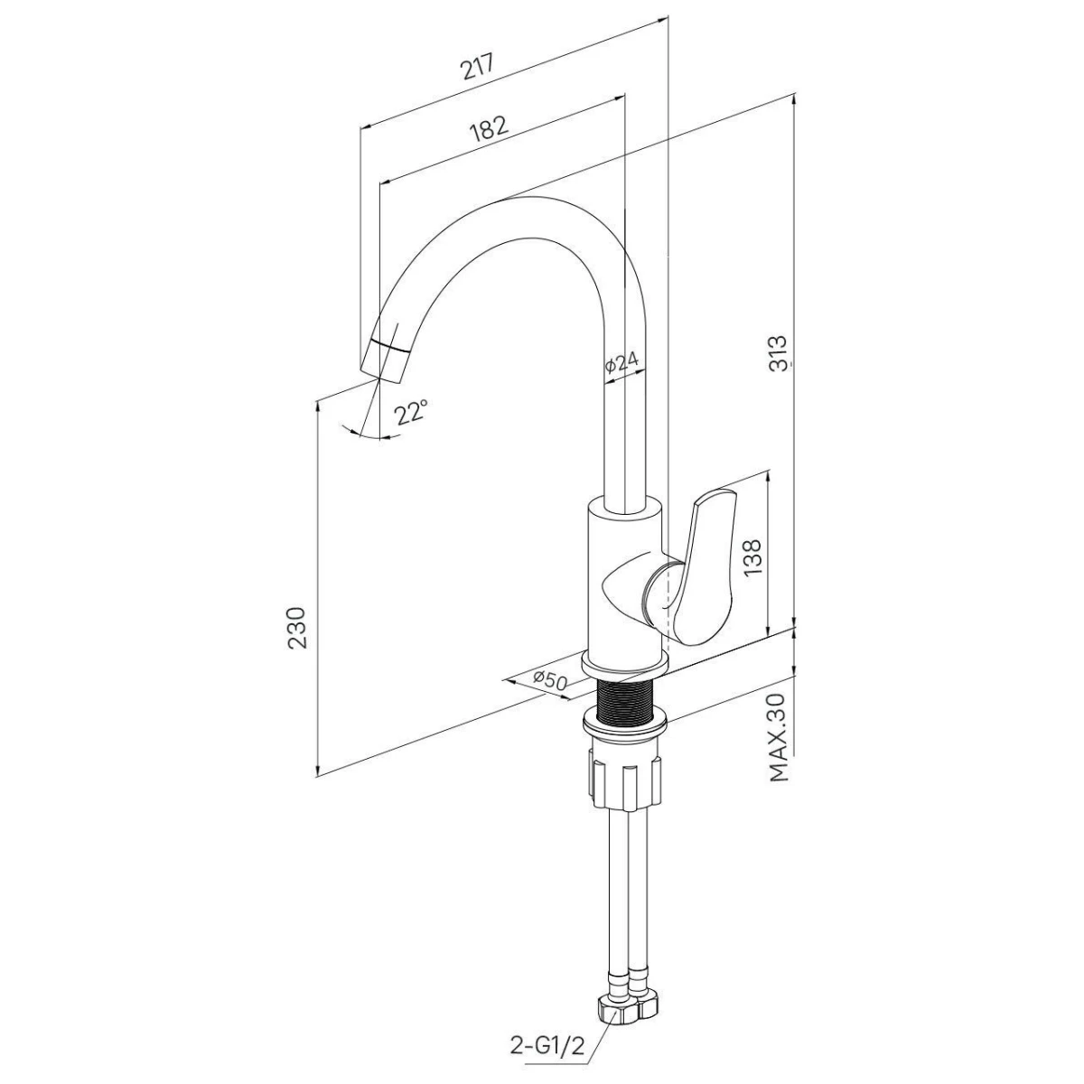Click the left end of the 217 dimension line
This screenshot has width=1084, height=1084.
(360, 127)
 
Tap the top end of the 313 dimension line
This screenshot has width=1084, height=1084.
(794, 93)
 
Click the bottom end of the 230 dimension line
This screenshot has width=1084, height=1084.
(318, 778)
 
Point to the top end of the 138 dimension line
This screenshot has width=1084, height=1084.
(769, 471)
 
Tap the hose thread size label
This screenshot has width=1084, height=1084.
(547, 1045)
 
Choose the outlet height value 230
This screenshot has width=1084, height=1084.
(296, 629)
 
